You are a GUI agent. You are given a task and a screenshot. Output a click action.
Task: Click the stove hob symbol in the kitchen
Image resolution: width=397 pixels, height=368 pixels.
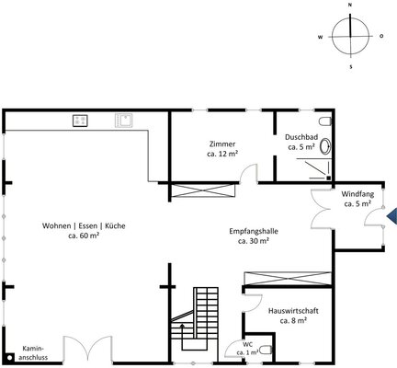tap(80, 121)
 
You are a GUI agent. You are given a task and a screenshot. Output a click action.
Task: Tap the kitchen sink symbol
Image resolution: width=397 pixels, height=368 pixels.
tap(124, 121)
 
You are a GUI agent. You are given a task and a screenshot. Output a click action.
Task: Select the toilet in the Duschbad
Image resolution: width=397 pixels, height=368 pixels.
tap(325, 121)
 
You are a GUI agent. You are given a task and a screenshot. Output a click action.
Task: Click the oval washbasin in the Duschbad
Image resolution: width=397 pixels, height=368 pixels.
tap(325, 146)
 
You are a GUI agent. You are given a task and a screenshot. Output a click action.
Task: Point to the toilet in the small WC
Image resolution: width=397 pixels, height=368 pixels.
tap(267, 350)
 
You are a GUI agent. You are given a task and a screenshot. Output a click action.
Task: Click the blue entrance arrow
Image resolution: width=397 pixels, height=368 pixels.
tap(391, 217)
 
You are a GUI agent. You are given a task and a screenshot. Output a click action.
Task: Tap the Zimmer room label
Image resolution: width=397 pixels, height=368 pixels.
tap(222, 144)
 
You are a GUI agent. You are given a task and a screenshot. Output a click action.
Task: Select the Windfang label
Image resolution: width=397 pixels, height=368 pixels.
tap(357, 194)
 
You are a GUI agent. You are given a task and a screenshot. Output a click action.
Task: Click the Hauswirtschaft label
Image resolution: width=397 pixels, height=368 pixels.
tap(293, 311)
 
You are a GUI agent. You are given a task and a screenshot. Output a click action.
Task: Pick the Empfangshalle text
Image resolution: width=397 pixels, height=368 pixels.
tap(254, 231)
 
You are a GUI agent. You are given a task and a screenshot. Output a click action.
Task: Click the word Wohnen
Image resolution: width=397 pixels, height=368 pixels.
tap(55, 226)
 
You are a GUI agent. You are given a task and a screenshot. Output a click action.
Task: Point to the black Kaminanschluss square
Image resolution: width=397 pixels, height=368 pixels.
tap(10, 357)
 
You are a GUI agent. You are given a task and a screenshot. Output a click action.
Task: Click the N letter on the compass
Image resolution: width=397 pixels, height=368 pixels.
tap(350, 5)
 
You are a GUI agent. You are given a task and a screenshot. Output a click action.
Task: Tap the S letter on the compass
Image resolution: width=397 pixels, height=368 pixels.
tap(351, 66)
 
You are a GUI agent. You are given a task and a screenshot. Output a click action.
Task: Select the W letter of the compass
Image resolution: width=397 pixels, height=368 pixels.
tap(321, 37)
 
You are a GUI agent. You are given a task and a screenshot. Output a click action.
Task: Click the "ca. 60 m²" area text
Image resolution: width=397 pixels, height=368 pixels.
tap(84, 236)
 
